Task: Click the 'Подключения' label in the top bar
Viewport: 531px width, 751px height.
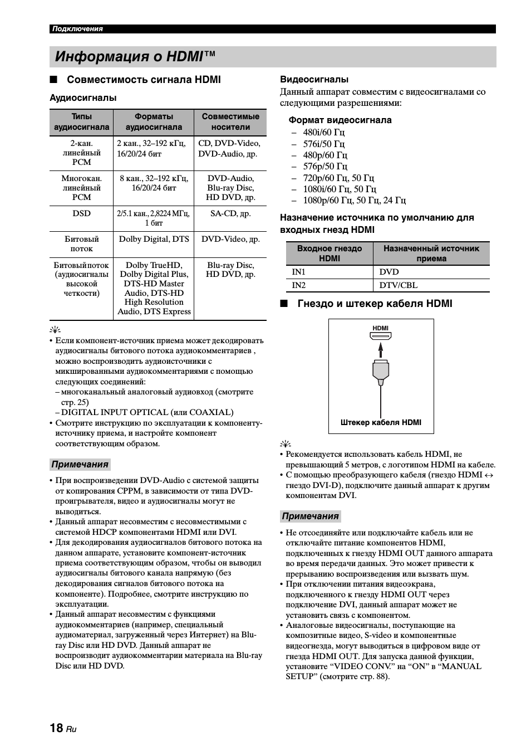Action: point(77,29)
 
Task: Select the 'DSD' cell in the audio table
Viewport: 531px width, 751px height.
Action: point(81,213)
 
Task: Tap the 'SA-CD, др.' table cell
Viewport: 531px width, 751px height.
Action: point(230,213)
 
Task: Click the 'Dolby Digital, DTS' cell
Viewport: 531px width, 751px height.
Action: point(154,239)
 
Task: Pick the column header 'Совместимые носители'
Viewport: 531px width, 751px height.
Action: point(230,121)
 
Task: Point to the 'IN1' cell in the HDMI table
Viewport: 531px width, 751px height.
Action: point(299,272)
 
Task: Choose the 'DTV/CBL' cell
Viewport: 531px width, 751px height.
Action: point(399,285)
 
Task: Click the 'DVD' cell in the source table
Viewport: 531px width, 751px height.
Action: point(389,272)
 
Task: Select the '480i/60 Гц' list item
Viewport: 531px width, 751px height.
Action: point(324,132)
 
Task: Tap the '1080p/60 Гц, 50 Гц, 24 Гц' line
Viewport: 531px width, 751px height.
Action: point(354,200)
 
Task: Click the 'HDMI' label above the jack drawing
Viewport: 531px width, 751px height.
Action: point(381,328)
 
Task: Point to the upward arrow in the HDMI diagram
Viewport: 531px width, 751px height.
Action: point(381,349)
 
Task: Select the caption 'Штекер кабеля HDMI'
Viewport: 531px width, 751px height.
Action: point(381,422)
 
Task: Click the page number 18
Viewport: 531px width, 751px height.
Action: point(56,728)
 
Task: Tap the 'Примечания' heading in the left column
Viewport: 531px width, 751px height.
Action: point(80,465)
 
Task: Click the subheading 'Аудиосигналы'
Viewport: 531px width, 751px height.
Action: point(83,98)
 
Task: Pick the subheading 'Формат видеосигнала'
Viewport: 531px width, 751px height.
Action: point(340,120)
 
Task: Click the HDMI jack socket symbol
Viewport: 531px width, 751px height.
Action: point(381,336)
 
